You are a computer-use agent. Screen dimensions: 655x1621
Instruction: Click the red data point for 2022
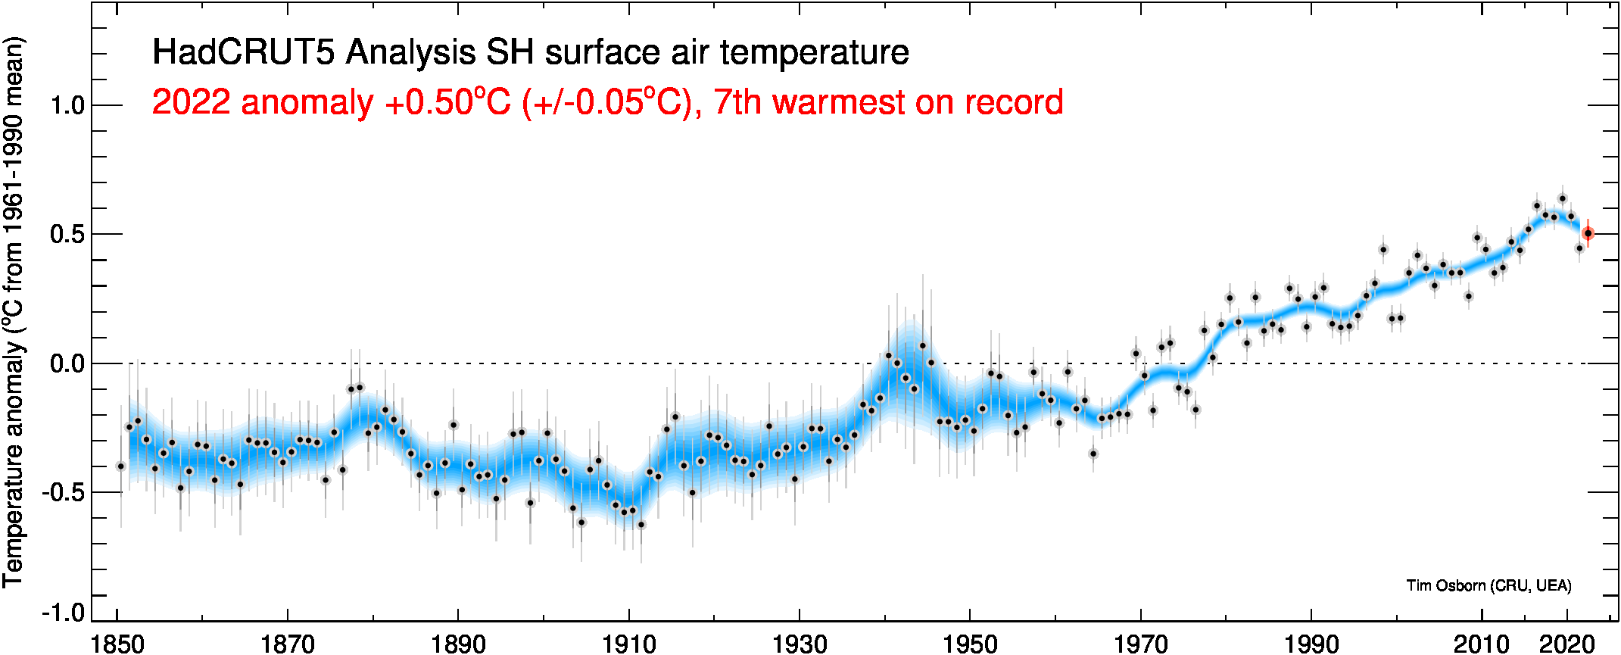pos(1588,234)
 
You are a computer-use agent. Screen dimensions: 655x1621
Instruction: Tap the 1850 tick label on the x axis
pos(117,644)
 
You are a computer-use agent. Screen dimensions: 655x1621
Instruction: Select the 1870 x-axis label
pos(288,644)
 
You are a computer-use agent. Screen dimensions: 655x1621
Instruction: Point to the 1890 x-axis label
pos(458,644)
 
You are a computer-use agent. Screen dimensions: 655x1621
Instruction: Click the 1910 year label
pos(628,644)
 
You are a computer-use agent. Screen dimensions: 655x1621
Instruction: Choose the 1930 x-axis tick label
pos(800,644)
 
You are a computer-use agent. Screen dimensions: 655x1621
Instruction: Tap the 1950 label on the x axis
pos(970,644)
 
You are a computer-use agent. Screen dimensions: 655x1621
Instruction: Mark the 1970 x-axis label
pos(1140,644)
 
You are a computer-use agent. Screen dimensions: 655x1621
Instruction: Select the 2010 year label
pos(1481,644)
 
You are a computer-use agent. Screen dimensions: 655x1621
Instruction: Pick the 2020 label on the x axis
pos(1567,644)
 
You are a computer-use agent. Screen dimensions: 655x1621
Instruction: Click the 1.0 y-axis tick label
pos(67,105)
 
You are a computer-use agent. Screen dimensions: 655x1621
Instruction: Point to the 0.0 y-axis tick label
pos(67,363)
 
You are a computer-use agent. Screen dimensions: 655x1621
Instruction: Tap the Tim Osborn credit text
pos(1489,585)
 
